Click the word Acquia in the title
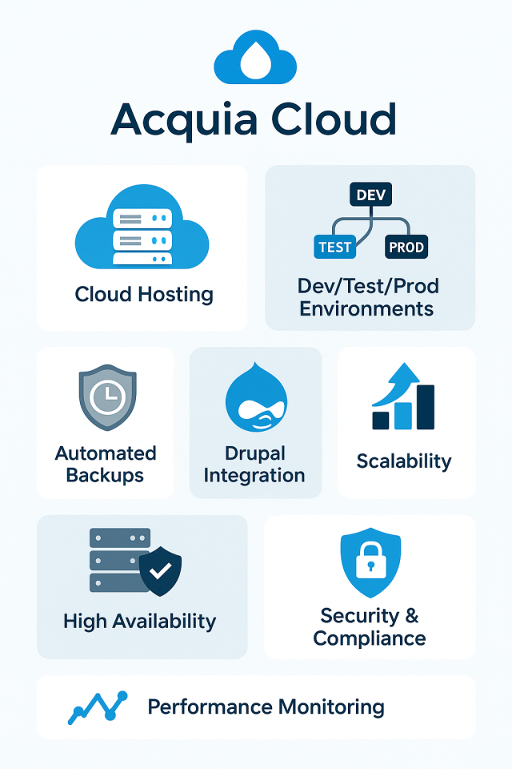186,120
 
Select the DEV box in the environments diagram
370,195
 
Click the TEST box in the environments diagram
335,247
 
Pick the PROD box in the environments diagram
406,247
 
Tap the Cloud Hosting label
144,294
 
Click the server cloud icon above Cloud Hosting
142,228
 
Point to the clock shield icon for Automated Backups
107,399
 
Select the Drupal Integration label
254,465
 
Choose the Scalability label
404,461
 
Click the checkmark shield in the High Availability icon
161,570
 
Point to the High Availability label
139,621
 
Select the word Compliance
370,638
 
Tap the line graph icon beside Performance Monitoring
98,707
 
